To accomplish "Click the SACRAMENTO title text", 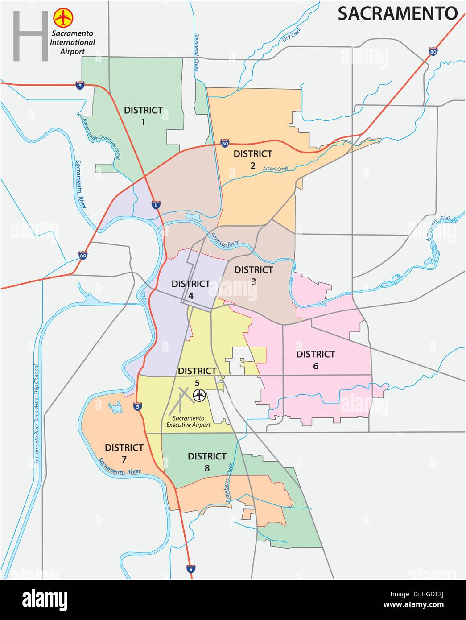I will pyautogui.click(x=397, y=13).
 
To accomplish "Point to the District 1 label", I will pyautogui.click(x=143, y=116).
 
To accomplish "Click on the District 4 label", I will pyautogui.click(x=190, y=289).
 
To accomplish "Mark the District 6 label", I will pyautogui.click(x=316, y=360).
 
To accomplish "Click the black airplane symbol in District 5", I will pyautogui.click(x=199, y=395).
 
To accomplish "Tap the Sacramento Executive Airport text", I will pyautogui.click(x=188, y=422).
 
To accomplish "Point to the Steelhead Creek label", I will pyautogui.click(x=196, y=52).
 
